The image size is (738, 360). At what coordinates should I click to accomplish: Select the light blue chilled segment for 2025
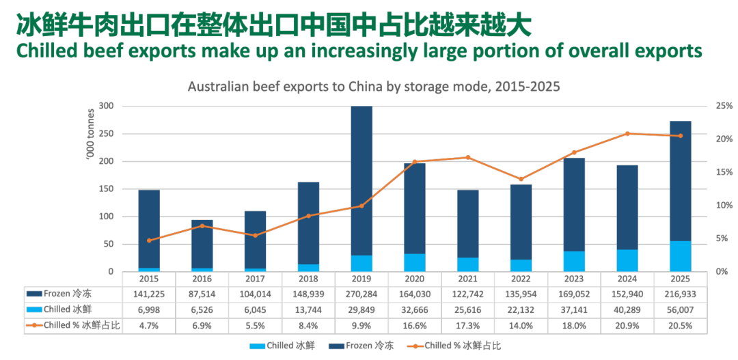(681, 256)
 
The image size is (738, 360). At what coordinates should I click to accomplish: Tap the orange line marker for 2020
(415, 162)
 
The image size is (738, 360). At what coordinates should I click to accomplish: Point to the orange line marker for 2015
(149, 240)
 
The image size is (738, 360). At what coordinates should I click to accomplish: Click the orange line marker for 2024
(627, 133)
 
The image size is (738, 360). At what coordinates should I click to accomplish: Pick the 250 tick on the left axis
(106, 134)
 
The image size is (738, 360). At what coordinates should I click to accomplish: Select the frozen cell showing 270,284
(361, 294)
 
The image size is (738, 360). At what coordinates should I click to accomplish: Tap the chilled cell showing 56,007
(681, 309)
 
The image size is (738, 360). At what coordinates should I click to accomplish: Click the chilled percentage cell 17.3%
(468, 325)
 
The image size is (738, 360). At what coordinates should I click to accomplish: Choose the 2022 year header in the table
(521, 279)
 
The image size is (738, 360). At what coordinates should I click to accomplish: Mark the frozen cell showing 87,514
(202, 294)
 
